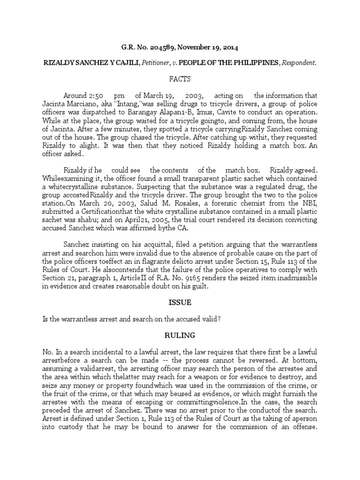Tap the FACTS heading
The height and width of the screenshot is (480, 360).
(180, 79)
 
